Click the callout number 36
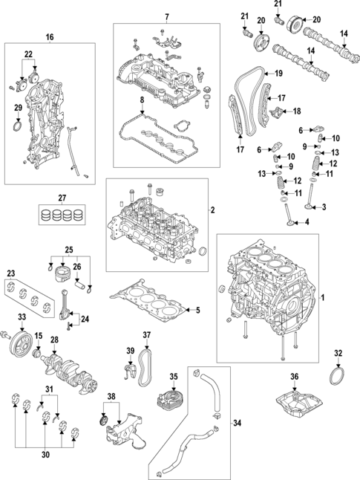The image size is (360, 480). pyautogui.click(x=294, y=376)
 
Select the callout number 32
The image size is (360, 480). pyautogui.click(x=338, y=353)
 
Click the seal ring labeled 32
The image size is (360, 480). pyautogui.click(x=337, y=377)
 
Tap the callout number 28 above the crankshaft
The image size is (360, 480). pyautogui.click(x=54, y=340)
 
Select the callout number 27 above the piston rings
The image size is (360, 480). pyautogui.click(x=62, y=198)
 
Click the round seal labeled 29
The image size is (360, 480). pyautogui.click(x=18, y=127)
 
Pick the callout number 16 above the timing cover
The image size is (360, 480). pyautogui.click(x=50, y=37)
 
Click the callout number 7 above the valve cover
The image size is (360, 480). pyautogui.click(x=167, y=17)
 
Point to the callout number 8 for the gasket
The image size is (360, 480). pyautogui.click(x=142, y=100)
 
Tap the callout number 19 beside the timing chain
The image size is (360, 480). pyautogui.click(x=278, y=74)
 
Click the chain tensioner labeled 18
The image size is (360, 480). pyautogui.click(x=278, y=111)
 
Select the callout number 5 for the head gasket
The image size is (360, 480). pyautogui.click(x=198, y=310)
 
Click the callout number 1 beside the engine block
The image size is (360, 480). pyautogui.click(x=322, y=297)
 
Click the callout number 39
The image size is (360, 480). pyautogui.click(x=131, y=351)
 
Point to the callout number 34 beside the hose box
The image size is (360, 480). pyautogui.click(x=237, y=423)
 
